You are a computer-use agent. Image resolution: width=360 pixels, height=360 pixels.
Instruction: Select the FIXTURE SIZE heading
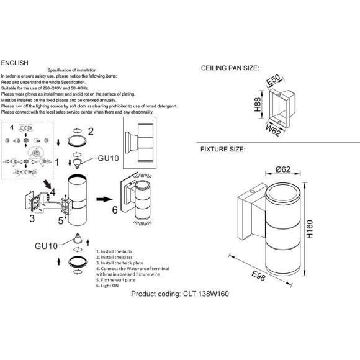223,150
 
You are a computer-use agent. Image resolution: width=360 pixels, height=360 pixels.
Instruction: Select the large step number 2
91,132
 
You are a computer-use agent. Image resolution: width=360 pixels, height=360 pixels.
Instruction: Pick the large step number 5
61,220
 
